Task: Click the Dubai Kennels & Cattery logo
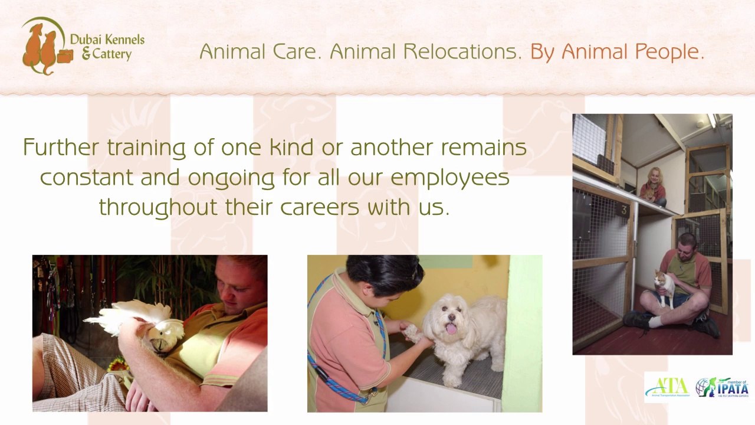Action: coord(83,47)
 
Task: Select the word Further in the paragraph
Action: coord(61,147)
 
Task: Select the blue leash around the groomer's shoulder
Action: coord(330,372)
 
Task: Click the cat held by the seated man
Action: coord(664,287)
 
